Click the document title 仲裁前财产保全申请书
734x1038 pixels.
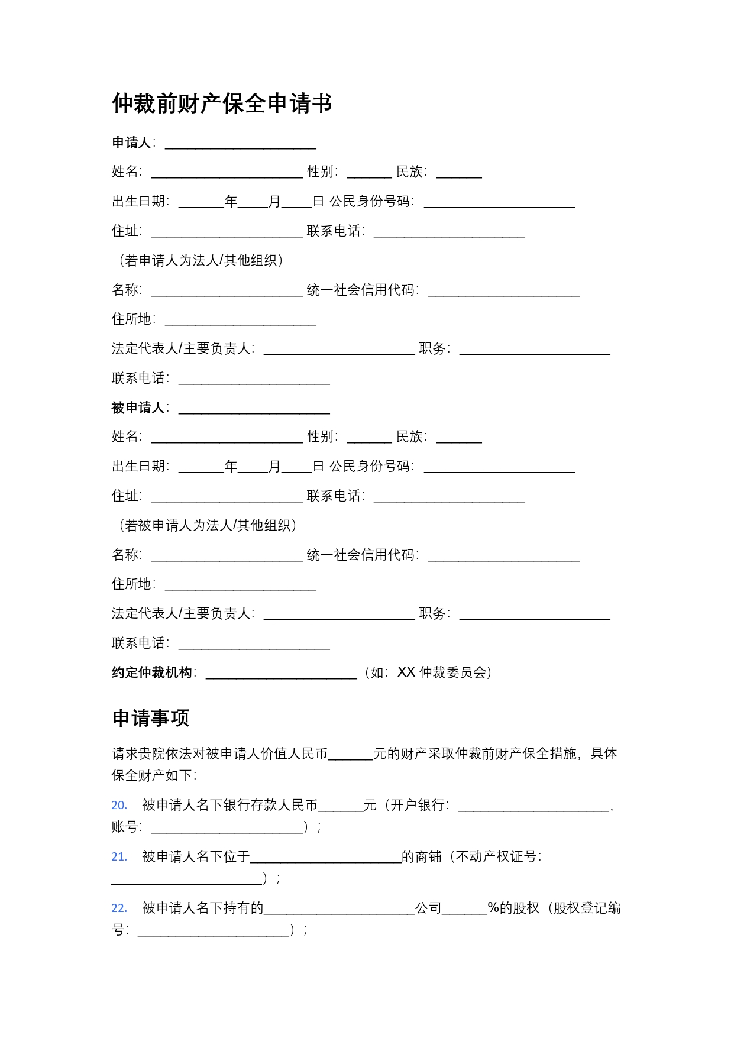[x=222, y=104]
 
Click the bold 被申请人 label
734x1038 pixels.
[x=138, y=408]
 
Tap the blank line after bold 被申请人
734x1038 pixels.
[x=254, y=409]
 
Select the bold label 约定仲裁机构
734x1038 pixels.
[x=152, y=672]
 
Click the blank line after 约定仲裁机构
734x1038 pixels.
[x=281, y=674]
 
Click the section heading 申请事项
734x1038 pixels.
[x=151, y=718]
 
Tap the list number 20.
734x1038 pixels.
[x=119, y=805]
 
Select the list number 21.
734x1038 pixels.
[x=119, y=856]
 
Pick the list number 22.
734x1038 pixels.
[x=119, y=908]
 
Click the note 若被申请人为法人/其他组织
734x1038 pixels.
[x=207, y=525]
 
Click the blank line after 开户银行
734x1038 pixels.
[x=533, y=807]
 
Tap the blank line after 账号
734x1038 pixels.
[x=227, y=829]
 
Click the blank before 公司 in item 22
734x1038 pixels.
[x=339, y=910]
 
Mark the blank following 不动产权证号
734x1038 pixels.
[x=187, y=880]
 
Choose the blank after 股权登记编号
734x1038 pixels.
[x=214, y=932]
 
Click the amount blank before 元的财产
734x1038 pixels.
[x=350, y=755]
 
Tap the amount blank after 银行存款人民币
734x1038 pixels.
[x=340, y=807]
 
